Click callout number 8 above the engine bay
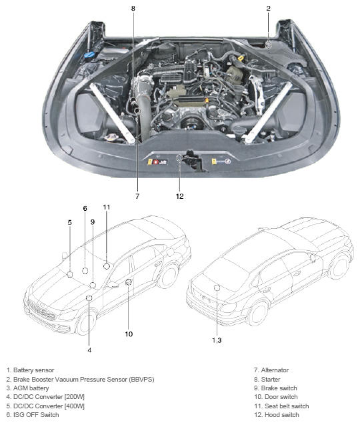(133, 9)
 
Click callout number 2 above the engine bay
(268, 9)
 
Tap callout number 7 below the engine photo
(137, 196)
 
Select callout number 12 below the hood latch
(180, 196)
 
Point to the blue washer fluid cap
(89, 55)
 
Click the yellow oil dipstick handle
(241, 58)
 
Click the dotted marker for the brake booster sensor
(268, 45)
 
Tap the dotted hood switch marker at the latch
(180, 157)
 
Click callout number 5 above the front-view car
(70, 223)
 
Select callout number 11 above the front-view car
(107, 207)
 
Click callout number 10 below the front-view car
(129, 334)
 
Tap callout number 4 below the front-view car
(89, 350)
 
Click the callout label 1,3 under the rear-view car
(217, 340)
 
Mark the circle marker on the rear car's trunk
(217, 288)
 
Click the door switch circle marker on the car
(129, 282)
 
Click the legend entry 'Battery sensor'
(31, 370)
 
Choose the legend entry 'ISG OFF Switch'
(33, 414)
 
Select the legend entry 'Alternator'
(271, 370)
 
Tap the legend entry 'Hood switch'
(277, 414)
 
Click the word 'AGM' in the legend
(20, 388)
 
